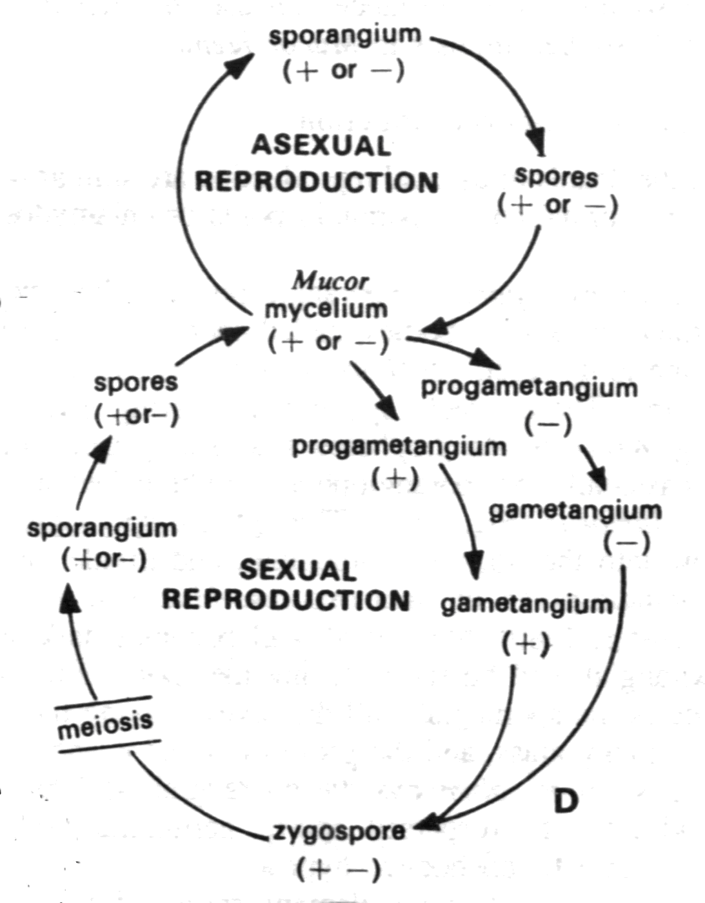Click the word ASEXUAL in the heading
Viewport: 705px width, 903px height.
[x=321, y=146]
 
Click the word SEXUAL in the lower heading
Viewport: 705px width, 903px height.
[x=297, y=571]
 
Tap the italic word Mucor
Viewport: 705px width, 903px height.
[x=330, y=282]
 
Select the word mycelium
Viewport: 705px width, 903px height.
[x=326, y=310]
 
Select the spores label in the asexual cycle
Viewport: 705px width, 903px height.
[x=557, y=177]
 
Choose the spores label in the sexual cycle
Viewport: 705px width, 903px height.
[x=135, y=382]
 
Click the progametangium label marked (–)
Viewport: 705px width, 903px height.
[x=529, y=388]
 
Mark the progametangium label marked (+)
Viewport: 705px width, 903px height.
[x=399, y=446]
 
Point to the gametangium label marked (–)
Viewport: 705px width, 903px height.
[x=575, y=511]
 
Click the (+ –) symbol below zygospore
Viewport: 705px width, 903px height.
[x=338, y=870]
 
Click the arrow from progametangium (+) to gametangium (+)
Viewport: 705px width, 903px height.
[x=466, y=516]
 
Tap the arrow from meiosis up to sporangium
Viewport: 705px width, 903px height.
[x=78, y=645]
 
